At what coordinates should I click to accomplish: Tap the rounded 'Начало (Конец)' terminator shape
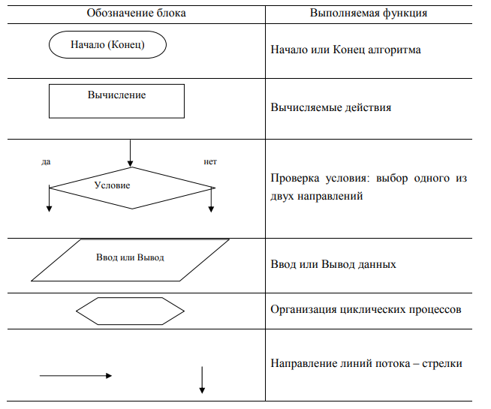[x=107, y=44]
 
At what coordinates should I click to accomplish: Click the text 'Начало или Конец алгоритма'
[x=345, y=50]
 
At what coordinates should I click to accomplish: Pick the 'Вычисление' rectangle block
[x=116, y=101]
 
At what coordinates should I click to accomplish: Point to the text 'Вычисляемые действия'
[x=330, y=107]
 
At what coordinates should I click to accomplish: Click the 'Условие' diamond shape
[x=130, y=185]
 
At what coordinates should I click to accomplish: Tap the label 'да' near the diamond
[x=46, y=161]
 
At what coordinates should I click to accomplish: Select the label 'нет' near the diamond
[x=210, y=161]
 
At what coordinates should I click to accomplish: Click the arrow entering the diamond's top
[x=130, y=153]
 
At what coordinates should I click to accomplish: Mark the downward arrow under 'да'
[x=50, y=199]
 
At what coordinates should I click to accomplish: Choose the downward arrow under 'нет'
[x=212, y=199]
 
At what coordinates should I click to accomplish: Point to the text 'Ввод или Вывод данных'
[x=333, y=264]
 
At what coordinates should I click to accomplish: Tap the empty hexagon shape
[x=130, y=310]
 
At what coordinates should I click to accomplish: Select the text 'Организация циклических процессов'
[x=366, y=310]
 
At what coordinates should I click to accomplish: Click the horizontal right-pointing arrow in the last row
[x=75, y=376]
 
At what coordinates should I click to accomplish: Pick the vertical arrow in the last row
[x=202, y=379]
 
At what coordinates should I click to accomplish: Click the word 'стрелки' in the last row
[x=442, y=363]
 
